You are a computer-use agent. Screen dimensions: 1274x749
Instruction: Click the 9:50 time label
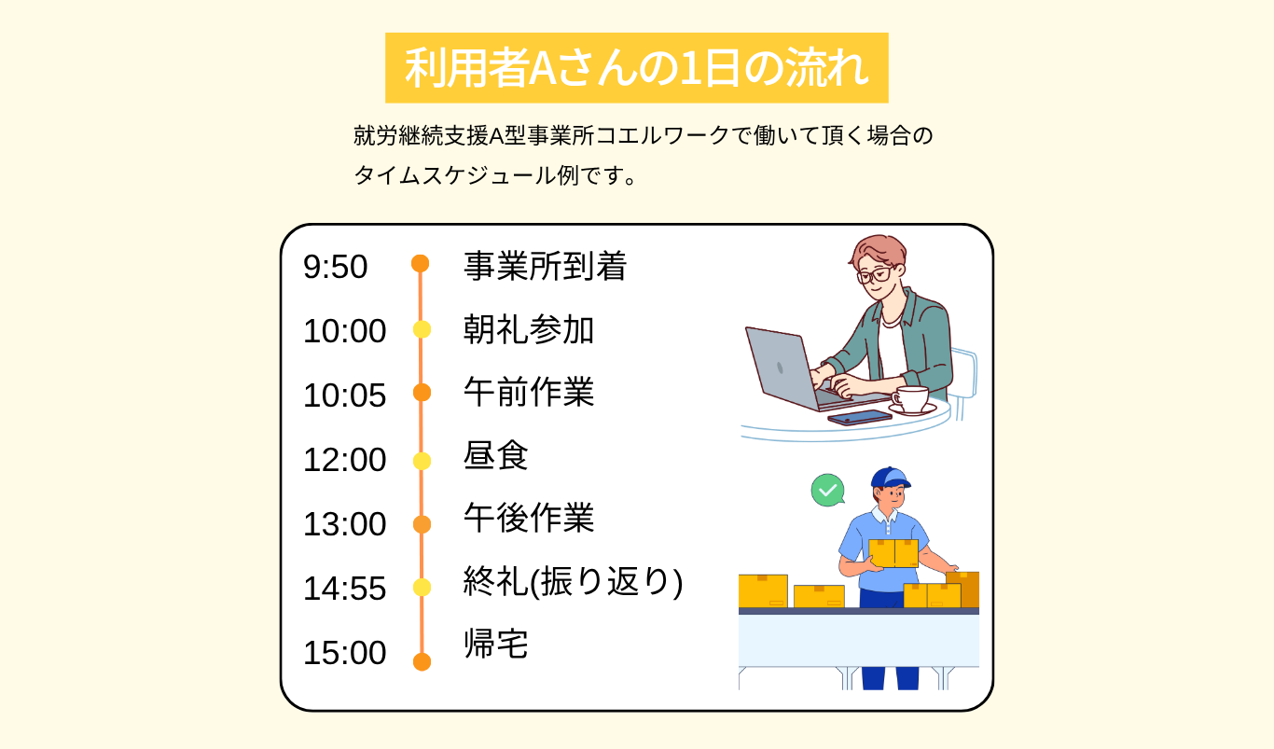click(x=335, y=267)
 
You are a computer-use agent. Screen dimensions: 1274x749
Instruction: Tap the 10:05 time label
click(x=345, y=395)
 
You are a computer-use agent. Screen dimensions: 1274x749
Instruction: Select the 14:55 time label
click(x=345, y=588)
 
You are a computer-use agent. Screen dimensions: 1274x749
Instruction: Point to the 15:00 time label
click(x=345, y=652)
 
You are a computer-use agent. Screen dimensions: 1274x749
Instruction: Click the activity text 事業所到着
click(x=545, y=266)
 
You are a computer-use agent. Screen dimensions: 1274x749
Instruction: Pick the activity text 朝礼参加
click(x=529, y=330)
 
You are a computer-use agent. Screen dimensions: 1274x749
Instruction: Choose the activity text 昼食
click(x=495, y=455)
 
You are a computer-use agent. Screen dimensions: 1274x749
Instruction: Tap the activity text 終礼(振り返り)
click(x=573, y=582)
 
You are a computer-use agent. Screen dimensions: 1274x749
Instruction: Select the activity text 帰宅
click(x=495, y=644)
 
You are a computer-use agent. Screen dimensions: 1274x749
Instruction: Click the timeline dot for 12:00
click(x=422, y=461)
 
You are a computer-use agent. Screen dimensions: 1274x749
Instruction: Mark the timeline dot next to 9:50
click(x=421, y=263)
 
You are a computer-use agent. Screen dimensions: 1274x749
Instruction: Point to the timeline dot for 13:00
click(x=422, y=524)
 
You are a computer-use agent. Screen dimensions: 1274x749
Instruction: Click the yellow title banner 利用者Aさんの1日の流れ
click(x=636, y=68)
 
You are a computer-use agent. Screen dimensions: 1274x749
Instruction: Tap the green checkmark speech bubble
click(x=827, y=490)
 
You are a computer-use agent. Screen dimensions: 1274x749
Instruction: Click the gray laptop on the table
click(x=808, y=369)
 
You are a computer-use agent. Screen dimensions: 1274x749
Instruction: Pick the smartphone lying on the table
click(x=859, y=418)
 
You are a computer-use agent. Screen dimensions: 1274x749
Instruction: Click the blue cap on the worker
click(x=890, y=478)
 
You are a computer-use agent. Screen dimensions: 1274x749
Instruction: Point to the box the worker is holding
click(x=893, y=553)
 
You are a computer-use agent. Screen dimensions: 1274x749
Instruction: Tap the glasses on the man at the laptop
click(x=875, y=275)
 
